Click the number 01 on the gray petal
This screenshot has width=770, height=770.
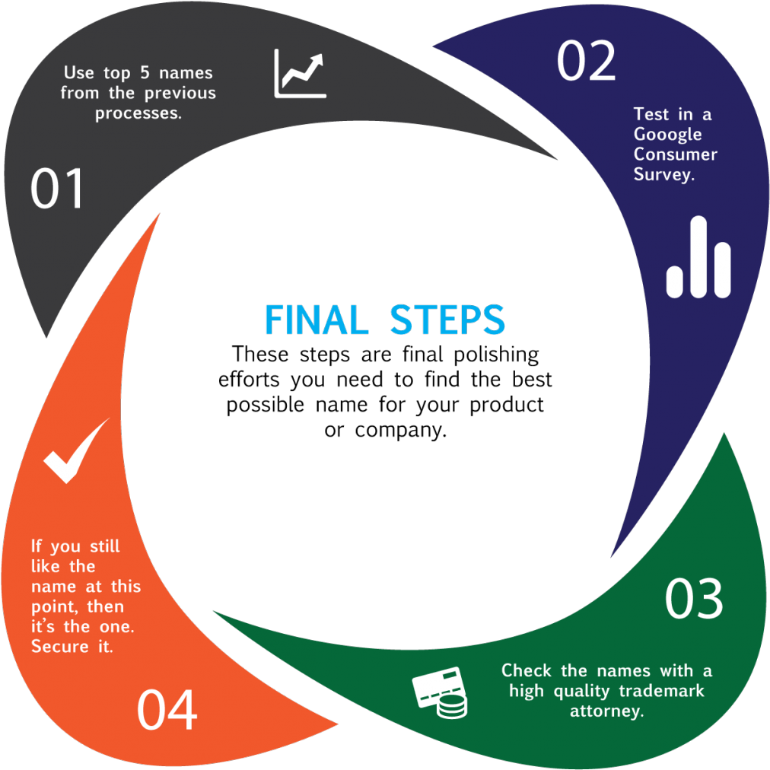57,189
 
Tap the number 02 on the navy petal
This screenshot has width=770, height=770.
585,61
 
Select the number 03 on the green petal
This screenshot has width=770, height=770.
693,599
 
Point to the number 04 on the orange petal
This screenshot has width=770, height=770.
167,709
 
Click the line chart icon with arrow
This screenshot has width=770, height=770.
300,74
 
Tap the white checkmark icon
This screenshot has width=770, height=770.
75,450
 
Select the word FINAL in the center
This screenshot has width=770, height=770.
317,320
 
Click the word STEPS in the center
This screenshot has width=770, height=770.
447,320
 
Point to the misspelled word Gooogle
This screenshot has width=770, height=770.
667,135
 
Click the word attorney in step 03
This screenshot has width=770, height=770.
606,711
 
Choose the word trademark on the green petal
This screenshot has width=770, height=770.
661,691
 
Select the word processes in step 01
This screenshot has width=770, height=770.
138,113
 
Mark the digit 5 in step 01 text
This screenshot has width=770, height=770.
145,73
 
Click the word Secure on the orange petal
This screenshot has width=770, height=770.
59,647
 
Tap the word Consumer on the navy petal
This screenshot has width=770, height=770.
675,154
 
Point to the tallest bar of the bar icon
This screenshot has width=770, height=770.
698,256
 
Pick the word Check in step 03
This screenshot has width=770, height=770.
527,670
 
